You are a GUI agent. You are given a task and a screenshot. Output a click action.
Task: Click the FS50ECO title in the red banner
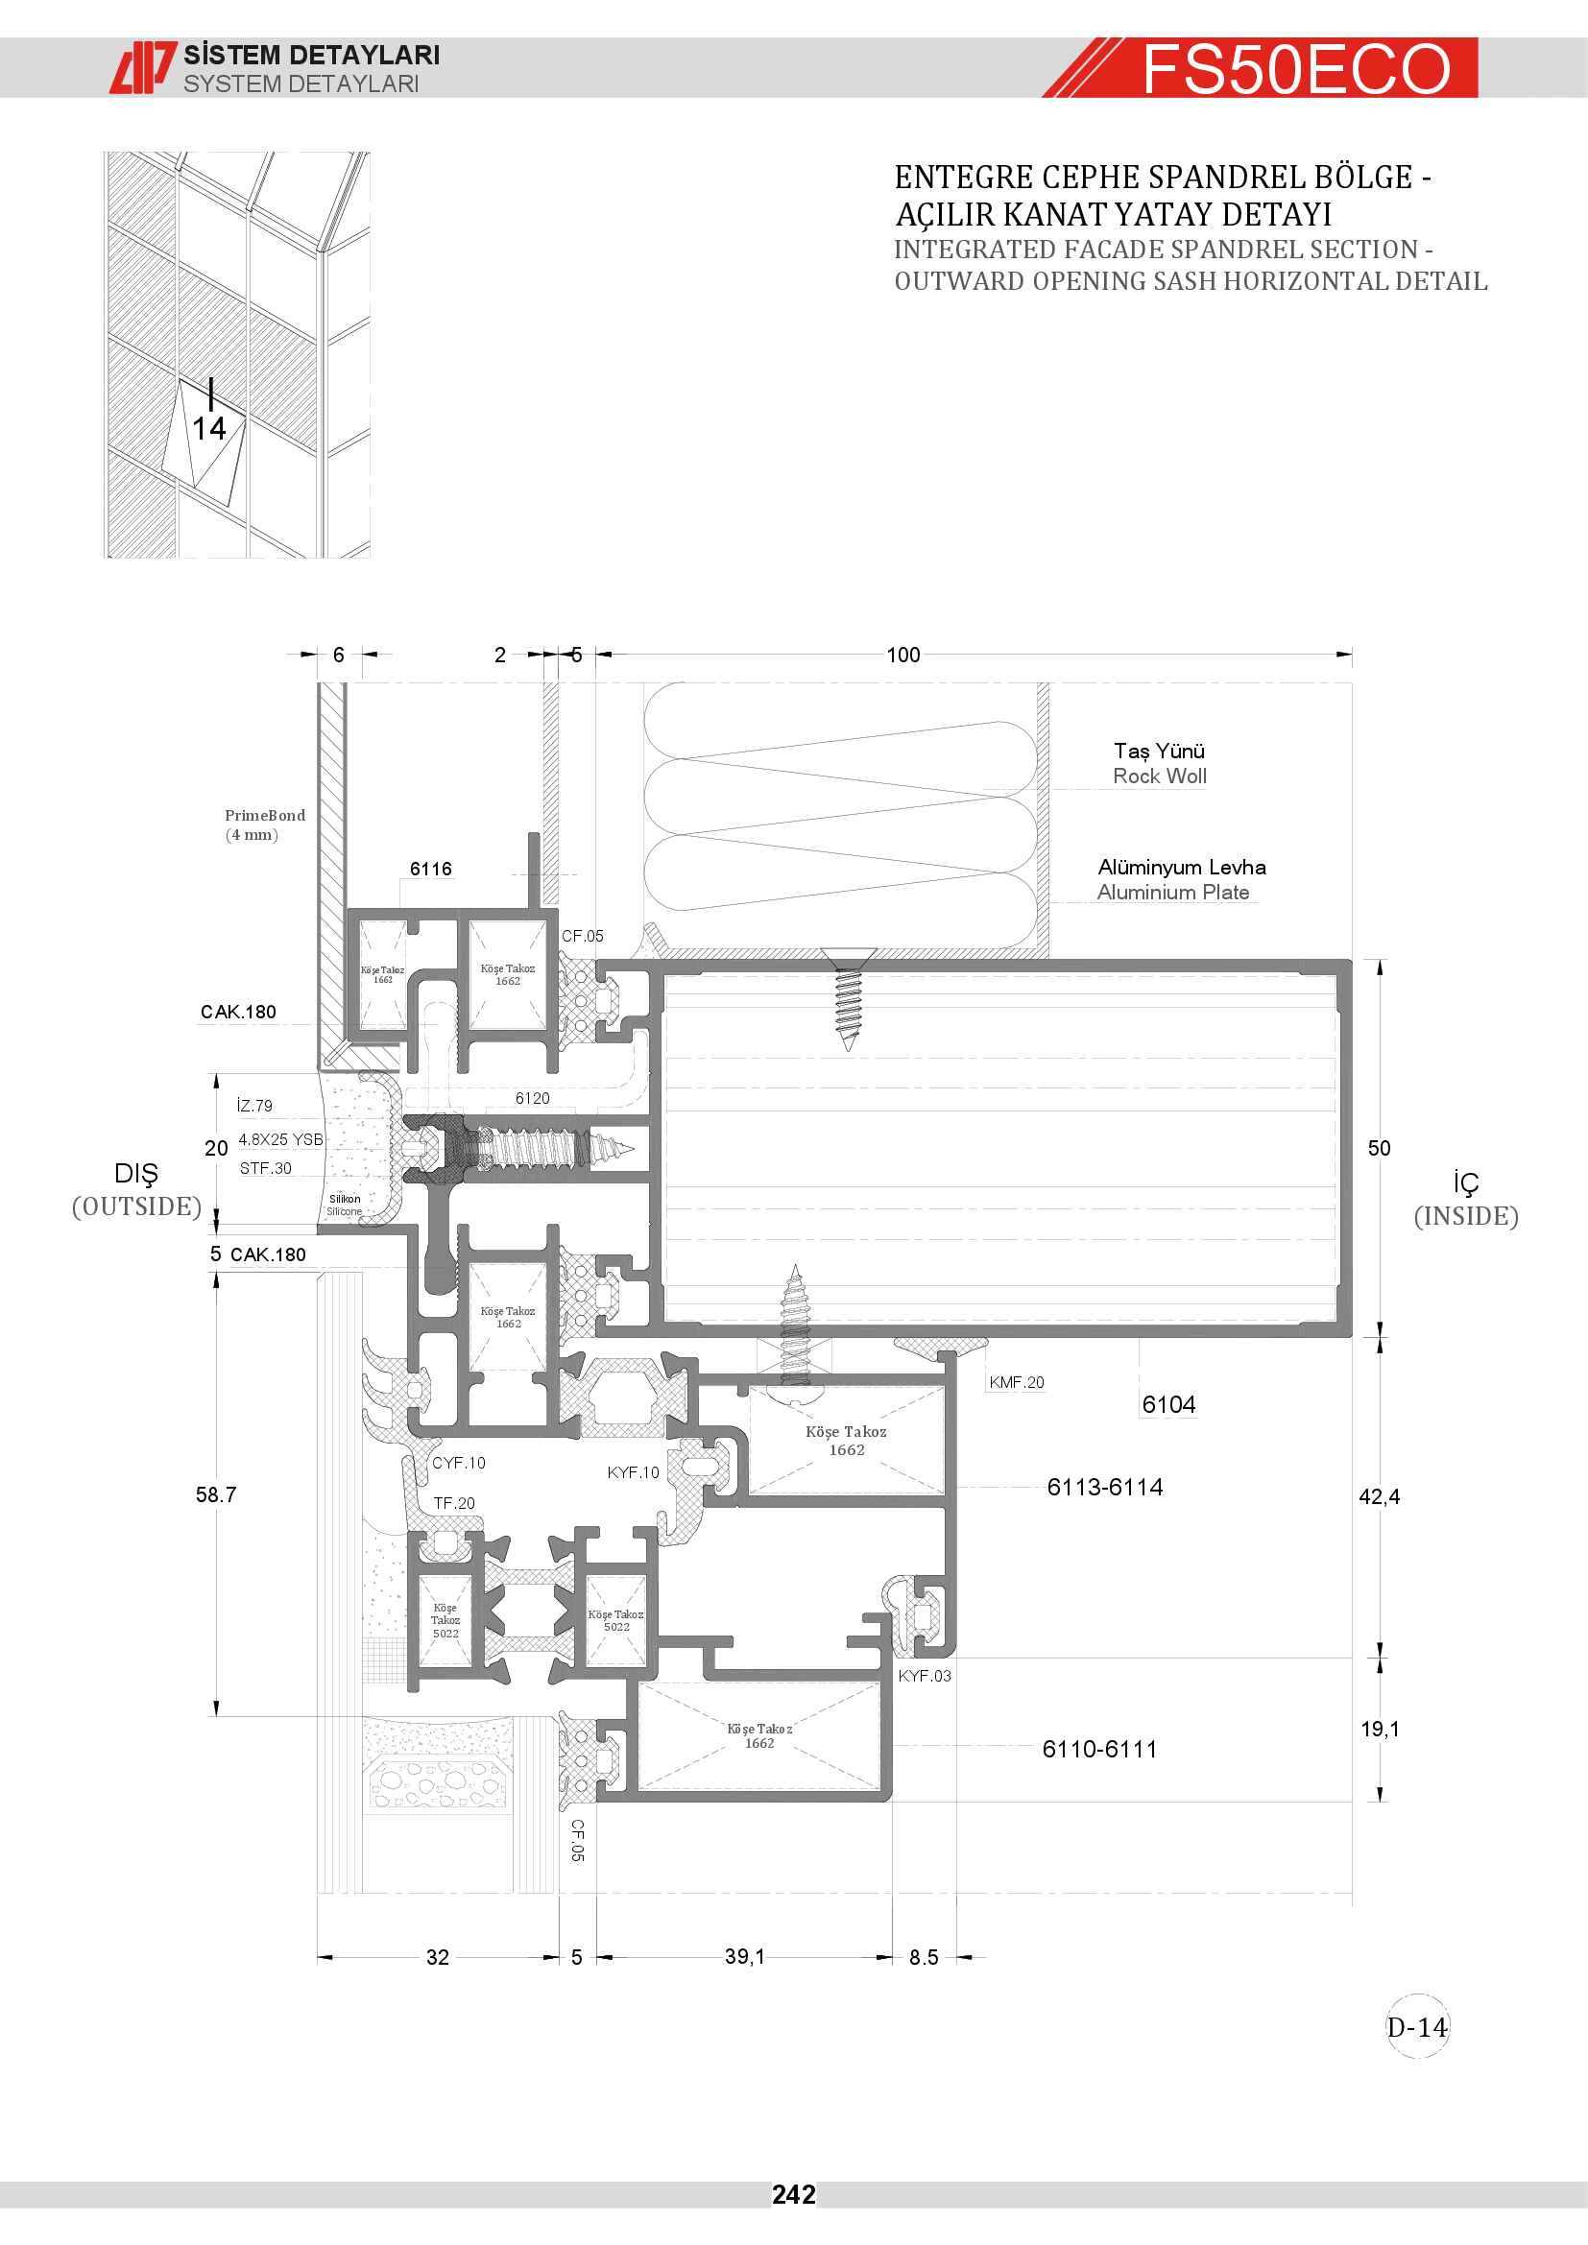[1295, 69]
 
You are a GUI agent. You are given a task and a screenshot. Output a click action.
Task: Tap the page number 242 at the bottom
[793, 2195]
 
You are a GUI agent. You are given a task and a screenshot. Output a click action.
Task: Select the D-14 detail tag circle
[1417, 2027]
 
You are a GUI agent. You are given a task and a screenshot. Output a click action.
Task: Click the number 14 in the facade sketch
[208, 428]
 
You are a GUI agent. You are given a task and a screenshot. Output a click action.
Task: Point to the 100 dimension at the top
[902, 655]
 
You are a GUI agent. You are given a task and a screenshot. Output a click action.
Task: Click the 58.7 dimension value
[216, 1494]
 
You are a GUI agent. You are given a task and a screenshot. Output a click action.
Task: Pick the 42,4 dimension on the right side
[1379, 1496]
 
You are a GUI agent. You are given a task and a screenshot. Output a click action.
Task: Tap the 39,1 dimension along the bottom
[745, 1955]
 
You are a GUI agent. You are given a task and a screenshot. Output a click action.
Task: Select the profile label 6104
[1168, 1404]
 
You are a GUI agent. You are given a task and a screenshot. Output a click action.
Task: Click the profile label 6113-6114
[1105, 1486]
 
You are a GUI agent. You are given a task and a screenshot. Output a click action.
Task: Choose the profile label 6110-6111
[1099, 1748]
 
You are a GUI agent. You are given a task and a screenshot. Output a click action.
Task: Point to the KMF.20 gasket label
[1016, 1381]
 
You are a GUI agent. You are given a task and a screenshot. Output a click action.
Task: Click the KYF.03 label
[924, 1675]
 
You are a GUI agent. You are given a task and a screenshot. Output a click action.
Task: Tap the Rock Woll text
[1160, 776]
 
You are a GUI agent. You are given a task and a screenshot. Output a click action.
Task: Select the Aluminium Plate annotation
[1172, 892]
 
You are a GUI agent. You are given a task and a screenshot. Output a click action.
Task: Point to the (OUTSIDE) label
[136, 1206]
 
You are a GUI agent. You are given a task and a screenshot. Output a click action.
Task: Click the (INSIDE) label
[1466, 1215]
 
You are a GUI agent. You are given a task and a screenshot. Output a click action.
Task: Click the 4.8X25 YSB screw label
[280, 1139]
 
